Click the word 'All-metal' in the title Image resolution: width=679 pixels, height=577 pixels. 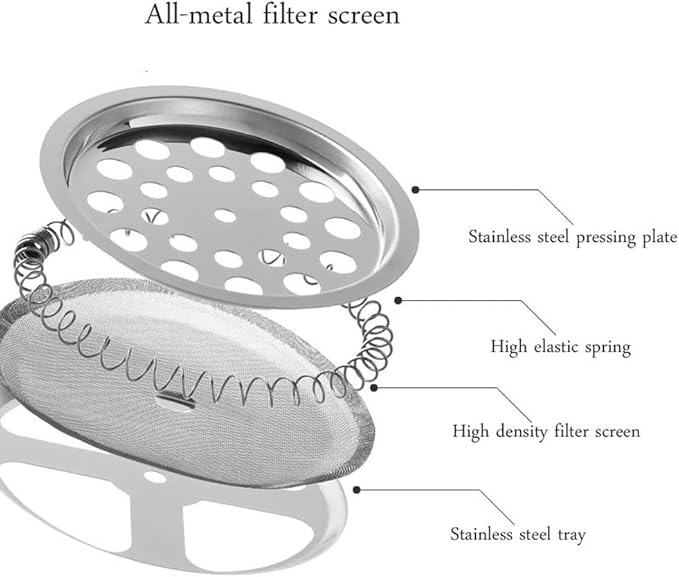click(198, 14)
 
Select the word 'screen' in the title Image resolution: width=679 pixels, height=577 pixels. click(364, 16)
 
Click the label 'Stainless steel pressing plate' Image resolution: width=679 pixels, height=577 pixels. click(572, 238)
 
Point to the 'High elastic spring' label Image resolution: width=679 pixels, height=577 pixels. click(560, 347)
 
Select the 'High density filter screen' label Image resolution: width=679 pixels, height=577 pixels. click(546, 431)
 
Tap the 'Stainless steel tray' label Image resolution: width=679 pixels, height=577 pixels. click(518, 535)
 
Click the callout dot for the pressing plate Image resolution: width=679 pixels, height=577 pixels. click(415, 190)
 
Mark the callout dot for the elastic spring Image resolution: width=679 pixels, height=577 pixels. click(398, 301)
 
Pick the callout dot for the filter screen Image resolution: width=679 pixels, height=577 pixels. click(374, 388)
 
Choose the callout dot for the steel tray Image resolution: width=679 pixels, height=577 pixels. click(356, 490)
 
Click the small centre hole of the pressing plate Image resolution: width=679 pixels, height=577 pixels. click(225, 215)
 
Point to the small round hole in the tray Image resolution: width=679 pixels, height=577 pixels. click(155, 477)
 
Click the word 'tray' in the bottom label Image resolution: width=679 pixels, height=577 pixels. click(572, 536)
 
